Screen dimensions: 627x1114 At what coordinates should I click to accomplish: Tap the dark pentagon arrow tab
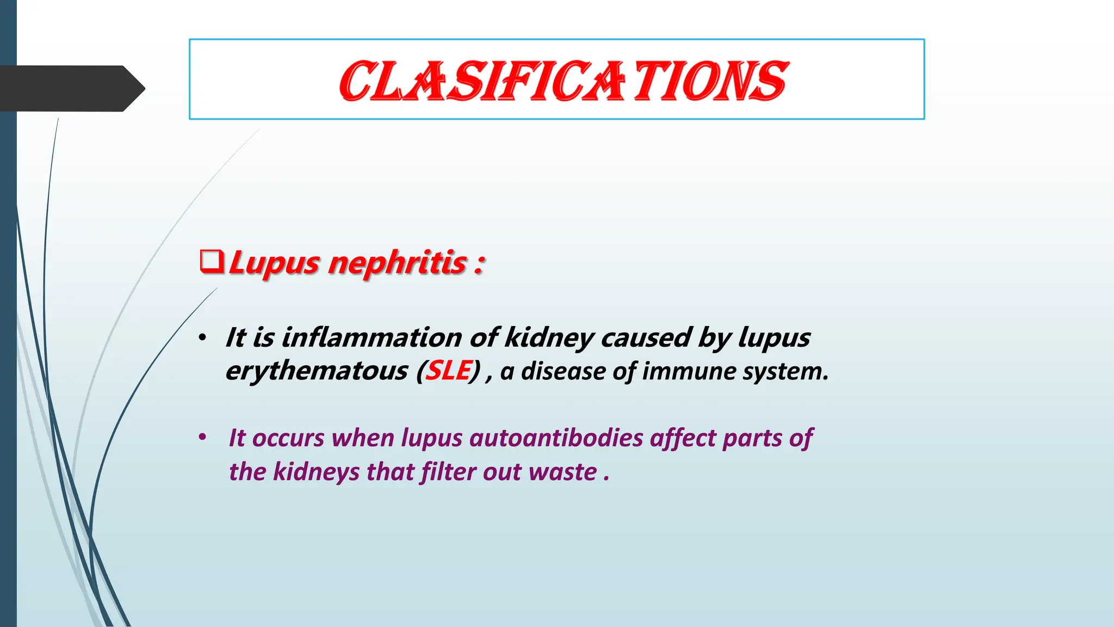[71, 88]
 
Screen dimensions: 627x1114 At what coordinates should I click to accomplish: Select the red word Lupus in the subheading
[274, 263]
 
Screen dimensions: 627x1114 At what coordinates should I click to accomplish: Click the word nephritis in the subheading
[398, 263]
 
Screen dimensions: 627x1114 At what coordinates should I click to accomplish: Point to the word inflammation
[372, 337]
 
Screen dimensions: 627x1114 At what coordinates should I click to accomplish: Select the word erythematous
[317, 372]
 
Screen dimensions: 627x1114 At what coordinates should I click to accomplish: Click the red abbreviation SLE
[448, 371]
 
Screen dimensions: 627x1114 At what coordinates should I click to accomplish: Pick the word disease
[562, 371]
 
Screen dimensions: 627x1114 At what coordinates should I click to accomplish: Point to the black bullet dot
[202, 338]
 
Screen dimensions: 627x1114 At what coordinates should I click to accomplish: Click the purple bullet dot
[202, 437]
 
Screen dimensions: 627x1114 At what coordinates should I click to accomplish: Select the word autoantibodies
[556, 438]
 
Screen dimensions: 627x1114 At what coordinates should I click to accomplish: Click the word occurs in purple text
[288, 439]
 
